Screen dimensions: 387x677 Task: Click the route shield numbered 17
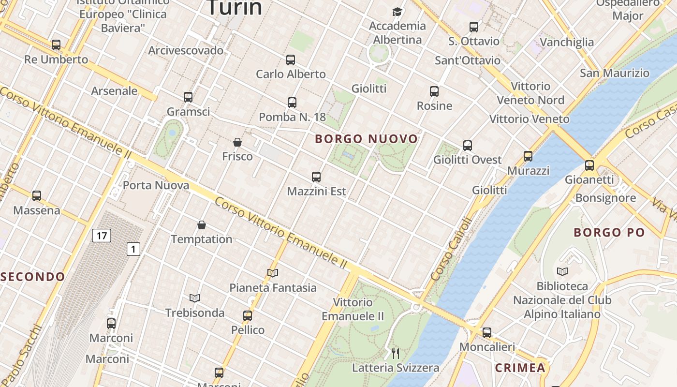click(x=101, y=236)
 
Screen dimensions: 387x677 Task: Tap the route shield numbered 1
click(x=133, y=249)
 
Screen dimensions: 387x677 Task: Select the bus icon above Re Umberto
click(x=56, y=45)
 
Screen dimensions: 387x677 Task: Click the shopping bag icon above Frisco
click(x=237, y=142)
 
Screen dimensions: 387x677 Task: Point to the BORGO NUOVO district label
click(x=366, y=139)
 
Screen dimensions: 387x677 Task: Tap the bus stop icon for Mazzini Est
click(x=316, y=177)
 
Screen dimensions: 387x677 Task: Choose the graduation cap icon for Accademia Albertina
click(x=397, y=12)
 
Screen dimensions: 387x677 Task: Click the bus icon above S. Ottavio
click(x=474, y=27)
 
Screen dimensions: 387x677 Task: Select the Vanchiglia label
click(x=567, y=42)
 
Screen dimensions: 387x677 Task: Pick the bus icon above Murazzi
click(x=528, y=156)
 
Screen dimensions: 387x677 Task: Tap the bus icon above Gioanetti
click(x=589, y=165)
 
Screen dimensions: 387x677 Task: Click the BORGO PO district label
click(x=609, y=233)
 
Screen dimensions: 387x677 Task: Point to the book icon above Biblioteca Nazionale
click(x=562, y=271)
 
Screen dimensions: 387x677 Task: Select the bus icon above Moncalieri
click(x=487, y=333)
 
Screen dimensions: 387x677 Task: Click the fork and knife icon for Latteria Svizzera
click(x=396, y=354)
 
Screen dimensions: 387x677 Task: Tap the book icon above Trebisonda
click(x=195, y=298)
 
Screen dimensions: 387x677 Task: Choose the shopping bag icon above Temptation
click(x=202, y=225)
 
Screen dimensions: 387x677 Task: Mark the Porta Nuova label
click(x=156, y=185)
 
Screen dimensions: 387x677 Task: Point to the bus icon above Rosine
click(x=434, y=91)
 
